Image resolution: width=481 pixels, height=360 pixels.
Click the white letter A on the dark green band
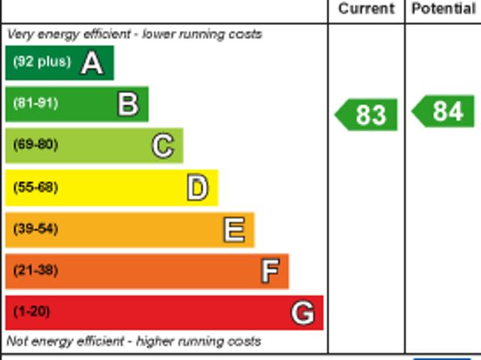point(92,63)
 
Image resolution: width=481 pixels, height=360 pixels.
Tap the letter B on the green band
point(129,104)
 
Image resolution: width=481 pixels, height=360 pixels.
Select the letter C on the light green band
point(163,146)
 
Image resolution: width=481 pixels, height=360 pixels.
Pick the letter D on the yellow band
point(198,188)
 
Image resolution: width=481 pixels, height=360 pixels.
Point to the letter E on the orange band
point(234,230)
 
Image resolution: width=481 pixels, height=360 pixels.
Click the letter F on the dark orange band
point(270,271)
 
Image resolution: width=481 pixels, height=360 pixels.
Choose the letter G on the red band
point(303,313)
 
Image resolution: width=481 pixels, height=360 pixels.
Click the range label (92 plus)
point(41,62)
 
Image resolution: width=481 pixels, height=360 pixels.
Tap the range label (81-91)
point(35,103)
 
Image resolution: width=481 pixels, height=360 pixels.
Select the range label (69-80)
point(35,144)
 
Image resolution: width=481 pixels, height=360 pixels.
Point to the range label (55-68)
point(35,187)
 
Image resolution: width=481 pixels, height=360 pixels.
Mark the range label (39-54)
point(35,228)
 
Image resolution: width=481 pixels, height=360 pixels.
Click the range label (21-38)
point(35,270)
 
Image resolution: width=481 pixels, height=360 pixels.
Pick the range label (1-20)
point(32,311)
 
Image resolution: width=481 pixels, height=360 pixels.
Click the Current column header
point(366,9)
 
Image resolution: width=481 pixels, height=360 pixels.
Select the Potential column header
point(443,9)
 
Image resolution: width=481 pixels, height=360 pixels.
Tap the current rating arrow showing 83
point(367,115)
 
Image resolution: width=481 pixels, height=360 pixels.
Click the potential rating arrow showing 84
point(444,111)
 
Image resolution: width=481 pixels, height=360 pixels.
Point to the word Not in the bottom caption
point(17,341)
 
